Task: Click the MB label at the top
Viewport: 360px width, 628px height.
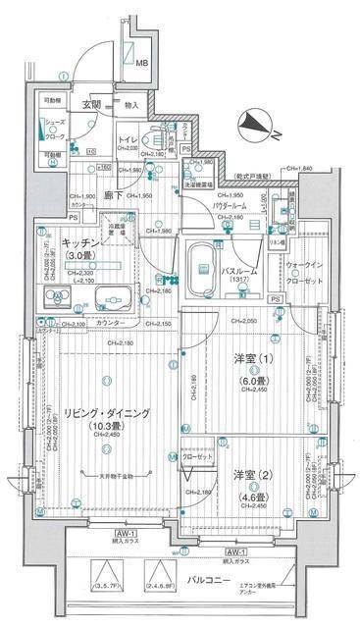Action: [142, 65]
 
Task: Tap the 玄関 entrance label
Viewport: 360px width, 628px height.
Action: [91, 104]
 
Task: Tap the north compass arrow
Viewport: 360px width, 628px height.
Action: [259, 124]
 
